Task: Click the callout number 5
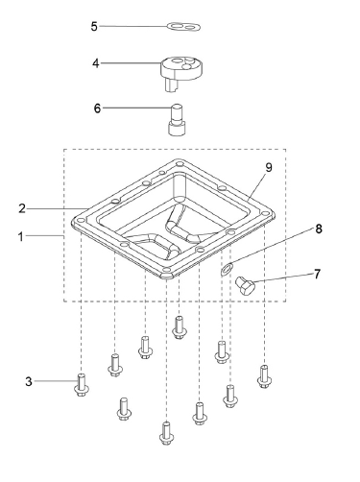(x=94, y=26)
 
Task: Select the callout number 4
(x=96, y=63)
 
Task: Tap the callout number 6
(x=97, y=108)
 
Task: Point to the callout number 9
(x=269, y=167)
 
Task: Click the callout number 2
(x=22, y=208)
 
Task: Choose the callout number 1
(x=21, y=237)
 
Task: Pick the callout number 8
(x=319, y=229)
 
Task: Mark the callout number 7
(x=317, y=275)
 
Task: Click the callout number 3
(x=29, y=381)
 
